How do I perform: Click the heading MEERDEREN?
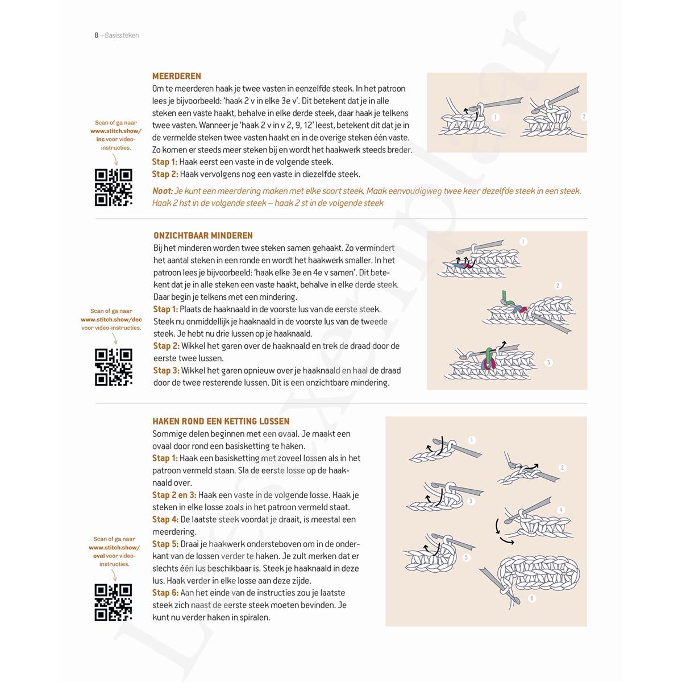(x=177, y=76)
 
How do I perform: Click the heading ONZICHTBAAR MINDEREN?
(x=203, y=235)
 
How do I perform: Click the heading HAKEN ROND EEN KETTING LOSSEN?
(x=221, y=421)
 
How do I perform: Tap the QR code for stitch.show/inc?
(x=114, y=187)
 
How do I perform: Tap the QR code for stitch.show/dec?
(x=114, y=367)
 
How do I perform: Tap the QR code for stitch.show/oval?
(x=114, y=602)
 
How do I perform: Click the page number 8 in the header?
(x=96, y=35)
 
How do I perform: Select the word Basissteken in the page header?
(x=122, y=35)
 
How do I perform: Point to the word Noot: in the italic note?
(x=163, y=191)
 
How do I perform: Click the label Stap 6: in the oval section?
(x=165, y=593)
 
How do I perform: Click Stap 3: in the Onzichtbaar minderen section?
(x=166, y=370)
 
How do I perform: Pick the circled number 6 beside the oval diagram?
(x=532, y=598)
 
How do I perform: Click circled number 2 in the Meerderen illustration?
(x=583, y=117)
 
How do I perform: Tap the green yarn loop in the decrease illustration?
(x=505, y=297)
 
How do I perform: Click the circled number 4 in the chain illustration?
(x=561, y=510)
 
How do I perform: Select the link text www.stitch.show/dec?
(x=111, y=320)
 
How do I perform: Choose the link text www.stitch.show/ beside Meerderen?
(x=115, y=131)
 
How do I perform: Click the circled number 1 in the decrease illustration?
(x=523, y=242)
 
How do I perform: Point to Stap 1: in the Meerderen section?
(x=165, y=162)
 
